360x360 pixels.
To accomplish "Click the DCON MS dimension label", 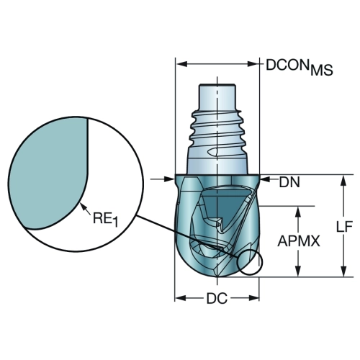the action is point(300,67).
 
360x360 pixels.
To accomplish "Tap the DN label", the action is point(289,183).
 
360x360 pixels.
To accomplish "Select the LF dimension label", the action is point(344,226).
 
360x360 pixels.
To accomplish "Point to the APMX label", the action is point(299,241).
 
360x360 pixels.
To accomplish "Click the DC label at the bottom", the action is point(217,299).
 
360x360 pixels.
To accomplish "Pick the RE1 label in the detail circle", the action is point(105,219).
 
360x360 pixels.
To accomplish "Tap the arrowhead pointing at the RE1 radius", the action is point(83,206).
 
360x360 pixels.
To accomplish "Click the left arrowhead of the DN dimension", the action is point(169,179).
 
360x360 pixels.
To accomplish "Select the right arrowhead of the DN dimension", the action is point(266,179).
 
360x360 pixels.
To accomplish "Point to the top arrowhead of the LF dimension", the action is point(344,181).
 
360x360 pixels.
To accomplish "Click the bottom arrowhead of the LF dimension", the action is point(344,271).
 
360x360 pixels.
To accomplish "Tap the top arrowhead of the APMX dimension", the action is point(298,212).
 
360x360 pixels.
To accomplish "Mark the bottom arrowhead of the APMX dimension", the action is point(298,271).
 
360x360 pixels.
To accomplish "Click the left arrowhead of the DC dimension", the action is point(181,298).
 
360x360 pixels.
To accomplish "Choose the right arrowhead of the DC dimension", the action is point(253,298).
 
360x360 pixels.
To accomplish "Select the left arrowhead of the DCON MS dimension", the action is point(181,64).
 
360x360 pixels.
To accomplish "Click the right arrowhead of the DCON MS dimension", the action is point(253,64).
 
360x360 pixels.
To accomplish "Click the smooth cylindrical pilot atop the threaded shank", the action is point(217,97).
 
